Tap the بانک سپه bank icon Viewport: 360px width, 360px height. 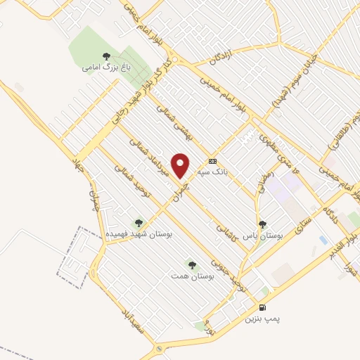[213, 161]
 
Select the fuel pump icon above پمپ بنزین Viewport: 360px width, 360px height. [262, 307]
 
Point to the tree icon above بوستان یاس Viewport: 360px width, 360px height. [262, 225]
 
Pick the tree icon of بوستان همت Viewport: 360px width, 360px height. [192, 265]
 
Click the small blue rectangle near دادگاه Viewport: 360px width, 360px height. [323, 240]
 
